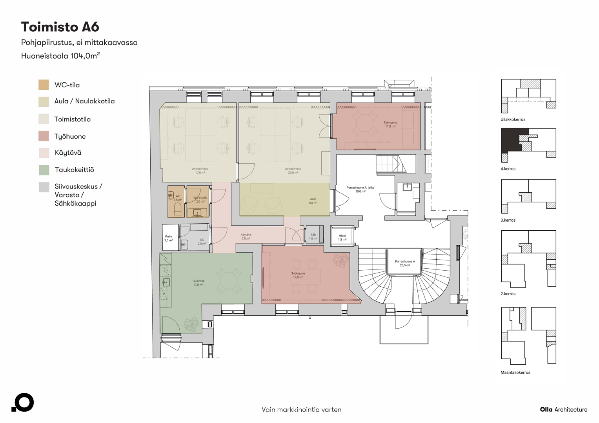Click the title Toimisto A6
coord(60,27)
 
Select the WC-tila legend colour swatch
coord(44,85)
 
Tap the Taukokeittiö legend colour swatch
coord(44,170)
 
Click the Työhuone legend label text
coord(70,137)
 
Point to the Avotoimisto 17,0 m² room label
coord(200,171)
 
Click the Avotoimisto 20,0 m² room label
coord(293,171)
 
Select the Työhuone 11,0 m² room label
coord(390,125)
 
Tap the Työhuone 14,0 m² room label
coord(298,275)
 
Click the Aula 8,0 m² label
coord(313,201)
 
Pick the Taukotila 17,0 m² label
coord(198,283)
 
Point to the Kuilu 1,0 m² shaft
coord(169,238)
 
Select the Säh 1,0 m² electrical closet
coord(313,237)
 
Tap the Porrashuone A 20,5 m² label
coord(404,263)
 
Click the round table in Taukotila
coord(229,281)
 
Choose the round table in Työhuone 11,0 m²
coord(365,123)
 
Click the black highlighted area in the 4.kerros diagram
coord(510,140)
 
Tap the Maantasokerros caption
coord(515,372)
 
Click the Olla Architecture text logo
coord(563,410)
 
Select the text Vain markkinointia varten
coord(301,410)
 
